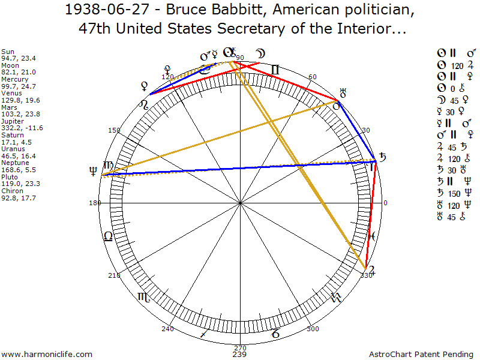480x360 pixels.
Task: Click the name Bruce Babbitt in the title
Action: click(x=204, y=11)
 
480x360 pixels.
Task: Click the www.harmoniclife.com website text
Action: click(x=47, y=355)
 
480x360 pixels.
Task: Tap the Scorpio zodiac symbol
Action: click(x=145, y=296)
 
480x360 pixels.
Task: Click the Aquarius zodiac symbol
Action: click(x=335, y=296)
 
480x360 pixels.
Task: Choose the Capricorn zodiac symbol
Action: click(x=274, y=331)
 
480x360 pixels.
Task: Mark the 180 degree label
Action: click(x=94, y=203)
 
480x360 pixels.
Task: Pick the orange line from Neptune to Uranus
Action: click(x=219, y=139)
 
